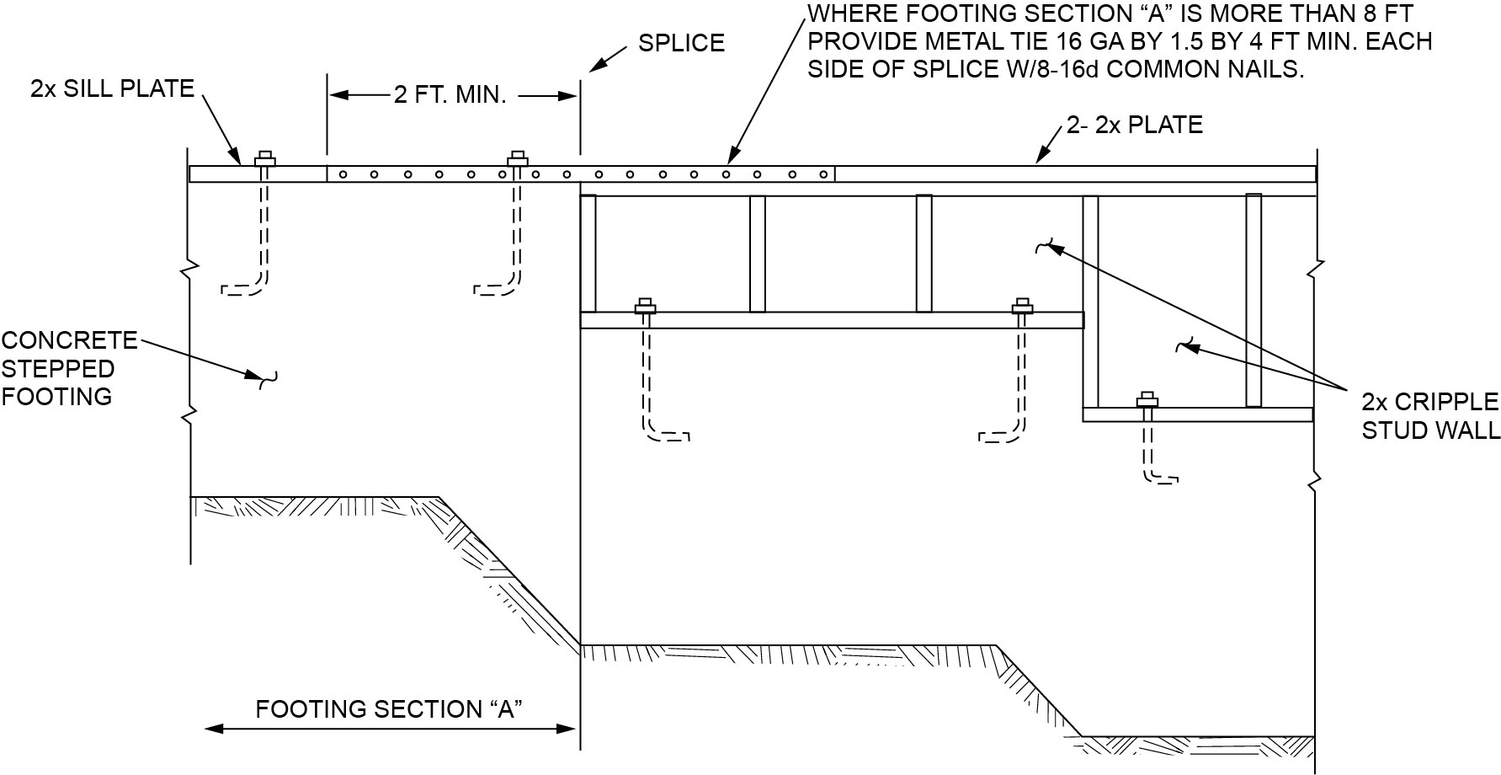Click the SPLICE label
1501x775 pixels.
coord(681,43)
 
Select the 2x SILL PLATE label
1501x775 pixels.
coord(112,88)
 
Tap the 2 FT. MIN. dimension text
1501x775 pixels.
coord(450,95)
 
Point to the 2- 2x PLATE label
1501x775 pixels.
coord(1134,125)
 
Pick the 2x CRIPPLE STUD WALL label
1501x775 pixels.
coord(1430,416)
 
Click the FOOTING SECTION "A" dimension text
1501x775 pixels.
coord(389,709)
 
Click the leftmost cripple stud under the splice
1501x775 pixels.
coord(588,254)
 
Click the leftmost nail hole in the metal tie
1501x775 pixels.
coord(343,175)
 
